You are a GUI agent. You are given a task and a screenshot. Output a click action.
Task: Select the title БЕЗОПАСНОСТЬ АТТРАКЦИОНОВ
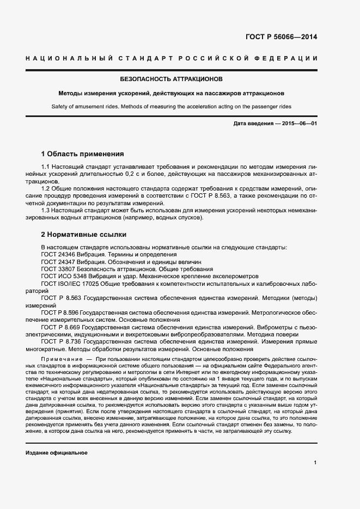pyautogui.click(x=180, y=79)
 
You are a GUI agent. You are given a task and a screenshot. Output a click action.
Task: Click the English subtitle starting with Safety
pyautogui.click(x=180, y=107)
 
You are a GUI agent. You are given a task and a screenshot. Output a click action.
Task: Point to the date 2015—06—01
pyautogui.click(x=297, y=124)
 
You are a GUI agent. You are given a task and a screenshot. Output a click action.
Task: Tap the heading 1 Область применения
pyautogui.click(x=83, y=154)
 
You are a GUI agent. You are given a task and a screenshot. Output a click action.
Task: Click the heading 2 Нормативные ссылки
pyautogui.click(x=84, y=235)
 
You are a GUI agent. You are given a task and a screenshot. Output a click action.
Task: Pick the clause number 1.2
pyautogui.click(x=46, y=188)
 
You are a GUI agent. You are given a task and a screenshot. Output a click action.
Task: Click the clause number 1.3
pyautogui.click(x=46, y=210)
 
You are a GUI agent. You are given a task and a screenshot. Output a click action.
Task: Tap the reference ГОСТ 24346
pyautogui.click(x=58, y=254)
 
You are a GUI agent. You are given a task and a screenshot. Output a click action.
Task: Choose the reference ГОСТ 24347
pyautogui.click(x=58, y=262)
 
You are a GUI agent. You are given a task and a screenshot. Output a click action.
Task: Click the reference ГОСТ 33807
pyautogui.click(x=58, y=269)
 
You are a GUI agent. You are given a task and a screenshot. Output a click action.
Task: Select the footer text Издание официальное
pyautogui.click(x=56, y=453)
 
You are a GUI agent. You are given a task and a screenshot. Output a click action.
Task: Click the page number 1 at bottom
pyautogui.click(x=315, y=463)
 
